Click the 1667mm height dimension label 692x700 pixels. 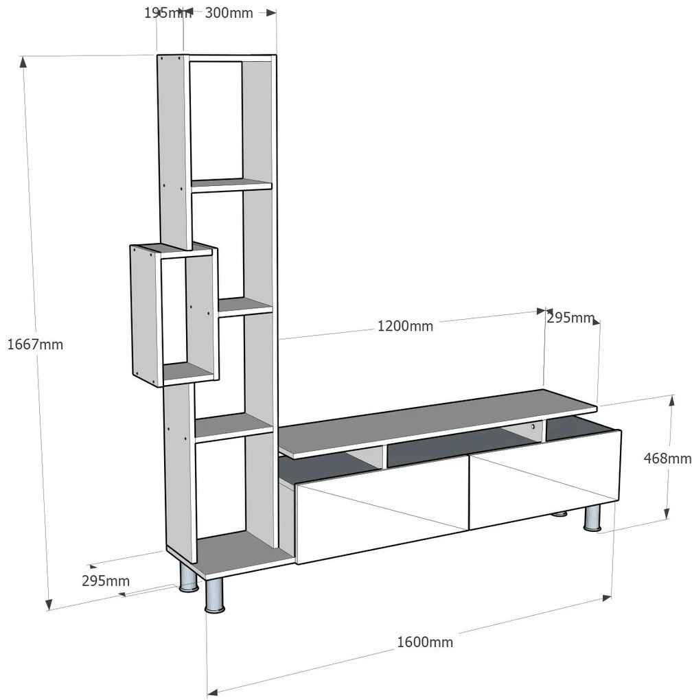pyautogui.click(x=35, y=345)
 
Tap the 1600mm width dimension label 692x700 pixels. pyautogui.click(x=425, y=642)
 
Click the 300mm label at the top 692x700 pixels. pyautogui.click(x=229, y=13)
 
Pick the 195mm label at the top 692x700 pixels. pyautogui.click(x=163, y=13)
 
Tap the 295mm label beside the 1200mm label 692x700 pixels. pyautogui.click(x=570, y=318)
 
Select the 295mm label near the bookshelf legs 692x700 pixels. pyautogui.click(x=106, y=581)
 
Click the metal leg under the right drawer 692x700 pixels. pyautogui.click(x=592, y=518)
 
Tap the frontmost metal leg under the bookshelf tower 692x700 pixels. pyautogui.click(x=215, y=595)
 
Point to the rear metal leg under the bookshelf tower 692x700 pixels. pyautogui.click(x=188, y=578)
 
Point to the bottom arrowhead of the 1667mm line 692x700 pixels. pyautogui.click(x=49, y=605)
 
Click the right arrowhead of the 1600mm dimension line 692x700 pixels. pyautogui.click(x=607, y=598)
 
